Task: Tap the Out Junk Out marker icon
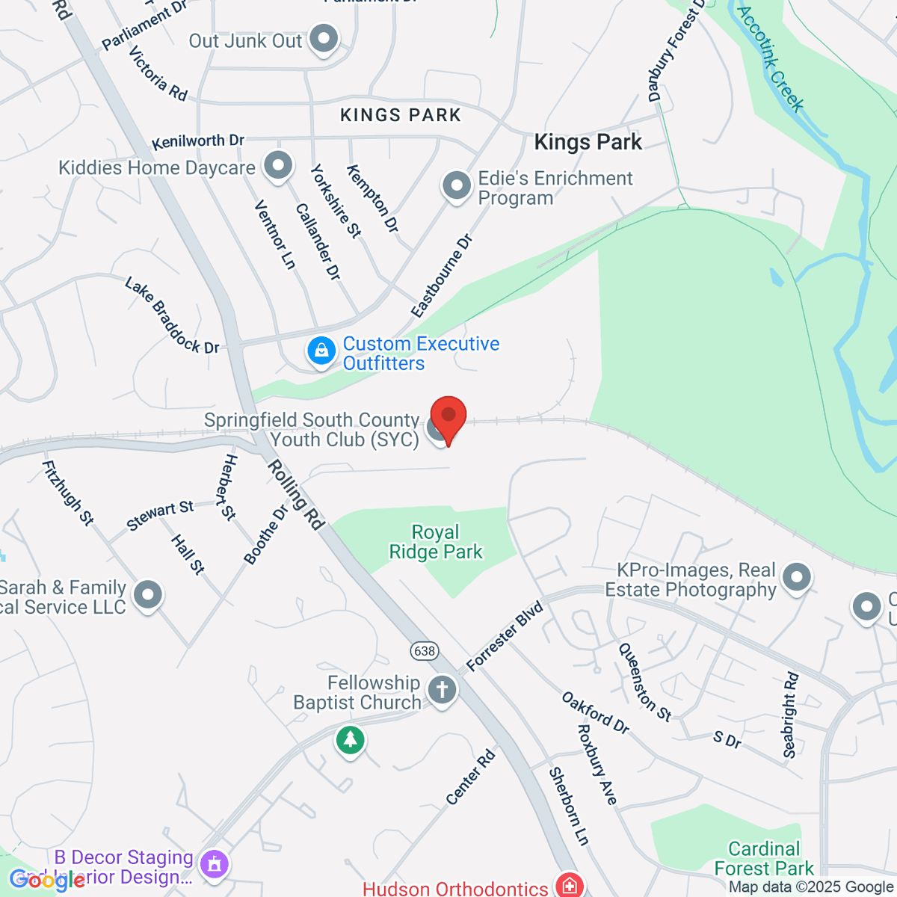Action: pyautogui.click(x=324, y=40)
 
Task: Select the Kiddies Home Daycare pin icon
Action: pyautogui.click(x=279, y=167)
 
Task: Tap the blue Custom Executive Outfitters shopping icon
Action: pyautogui.click(x=321, y=351)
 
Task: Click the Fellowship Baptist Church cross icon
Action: pyautogui.click(x=442, y=690)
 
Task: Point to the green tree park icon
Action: pyautogui.click(x=350, y=741)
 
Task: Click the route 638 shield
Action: pyautogui.click(x=425, y=650)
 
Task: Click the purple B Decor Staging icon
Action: pyautogui.click(x=215, y=865)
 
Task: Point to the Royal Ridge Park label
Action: pyautogui.click(x=436, y=542)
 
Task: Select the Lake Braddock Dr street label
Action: pyautogui.click(x=172, y=315)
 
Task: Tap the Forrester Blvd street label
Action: pyautogui.click(x=505, y=636)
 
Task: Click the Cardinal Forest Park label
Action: pyautogui.click(x=764, y=858)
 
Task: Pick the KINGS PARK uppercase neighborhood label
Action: pyautogui.click(x=401, y=115)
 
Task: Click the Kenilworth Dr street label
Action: pyautogui.click(x=198, y=141)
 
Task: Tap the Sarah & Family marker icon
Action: pyautogui.click(x=147, y=596)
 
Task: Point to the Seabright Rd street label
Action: pyautogui.click(x=791, y=715)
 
